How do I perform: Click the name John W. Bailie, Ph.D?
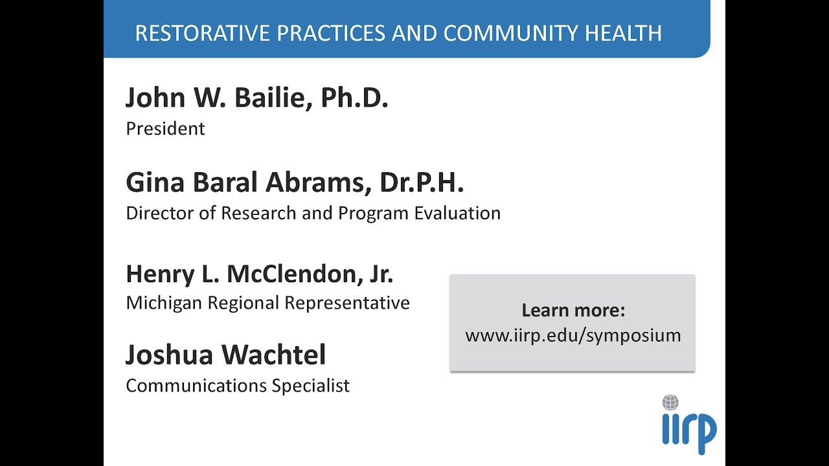click(256, 98)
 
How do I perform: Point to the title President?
click(165, 129)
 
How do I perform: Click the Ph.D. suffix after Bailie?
click(354, 98)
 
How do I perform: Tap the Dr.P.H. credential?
click(422, 183)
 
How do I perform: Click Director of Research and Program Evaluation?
click(313, 213)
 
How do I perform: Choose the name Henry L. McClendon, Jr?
click(259, 274)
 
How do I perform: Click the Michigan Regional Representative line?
click(267, 303)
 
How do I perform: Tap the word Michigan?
click(164, 303)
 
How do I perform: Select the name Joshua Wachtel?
click(225, 355)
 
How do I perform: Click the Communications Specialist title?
click(238, 386)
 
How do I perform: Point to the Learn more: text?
click(573, 311)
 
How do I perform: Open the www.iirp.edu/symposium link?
click(573, 335)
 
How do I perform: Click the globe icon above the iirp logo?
click(670, 403)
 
